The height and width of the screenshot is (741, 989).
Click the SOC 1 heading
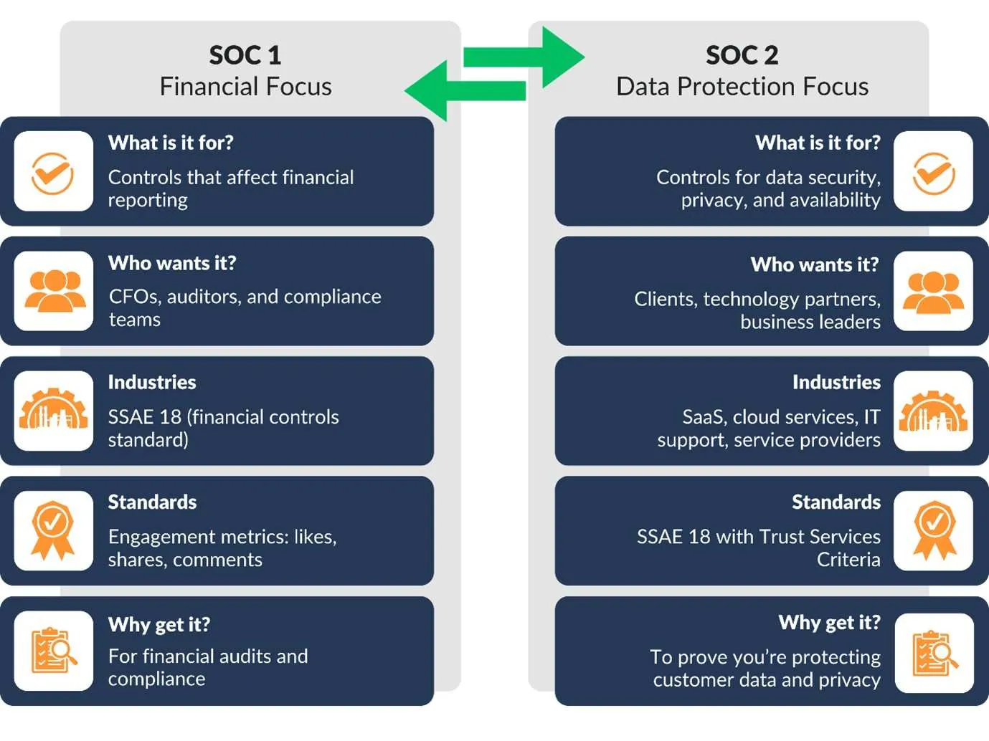(245, 55)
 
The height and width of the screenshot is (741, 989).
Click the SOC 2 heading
(742, 55)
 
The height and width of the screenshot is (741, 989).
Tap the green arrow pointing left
(465, 90)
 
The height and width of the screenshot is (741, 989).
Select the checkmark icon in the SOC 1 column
(53, 173)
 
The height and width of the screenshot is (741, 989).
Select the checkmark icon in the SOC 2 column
(934, 173)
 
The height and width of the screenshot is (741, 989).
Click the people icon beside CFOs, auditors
(55, 291)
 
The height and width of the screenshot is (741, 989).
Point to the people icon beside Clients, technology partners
(934, 292)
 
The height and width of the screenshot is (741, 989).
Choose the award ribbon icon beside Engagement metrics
(53, 530)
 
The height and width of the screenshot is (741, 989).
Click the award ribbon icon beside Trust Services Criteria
(934, 530)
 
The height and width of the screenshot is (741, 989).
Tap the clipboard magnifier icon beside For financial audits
(54, 651)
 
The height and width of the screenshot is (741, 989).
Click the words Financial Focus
(245, 87)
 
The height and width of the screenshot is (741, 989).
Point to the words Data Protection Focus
(742, 87)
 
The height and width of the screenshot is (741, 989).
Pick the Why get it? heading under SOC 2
(830, 623)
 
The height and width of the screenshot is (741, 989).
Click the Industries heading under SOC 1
(152, 382)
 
